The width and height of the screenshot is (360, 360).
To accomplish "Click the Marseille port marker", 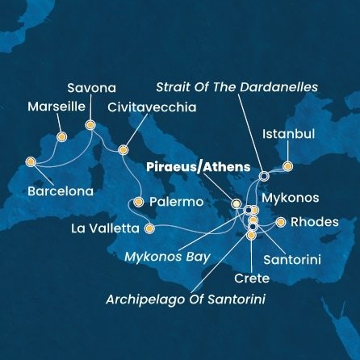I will pyautogui.click(x=60, y=136).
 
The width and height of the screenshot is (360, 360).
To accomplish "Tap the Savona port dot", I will pyautogui.click(x=90, y=125).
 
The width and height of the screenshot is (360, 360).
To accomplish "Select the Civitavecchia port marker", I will pyautogui.click(x=123, y=149).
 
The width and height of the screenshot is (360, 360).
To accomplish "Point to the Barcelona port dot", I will pyautogui.click(x=31, y=161).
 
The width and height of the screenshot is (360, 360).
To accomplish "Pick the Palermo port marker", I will pyautogui.click(x=139, y=202).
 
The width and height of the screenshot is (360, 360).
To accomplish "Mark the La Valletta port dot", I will pyautogui.click(x=149, y=228).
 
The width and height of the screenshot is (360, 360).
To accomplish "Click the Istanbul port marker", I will pyautogui.click(x=287, y=167).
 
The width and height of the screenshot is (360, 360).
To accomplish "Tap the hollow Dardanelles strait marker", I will pyautogui.click(x=263, y=175).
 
